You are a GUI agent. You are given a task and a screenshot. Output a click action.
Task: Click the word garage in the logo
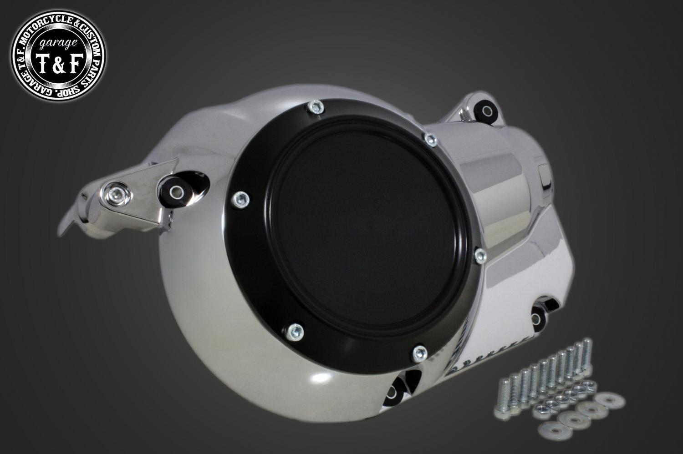58,45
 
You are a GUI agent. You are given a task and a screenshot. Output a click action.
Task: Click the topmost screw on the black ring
316,106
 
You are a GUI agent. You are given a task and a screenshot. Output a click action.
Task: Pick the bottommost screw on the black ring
420,353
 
